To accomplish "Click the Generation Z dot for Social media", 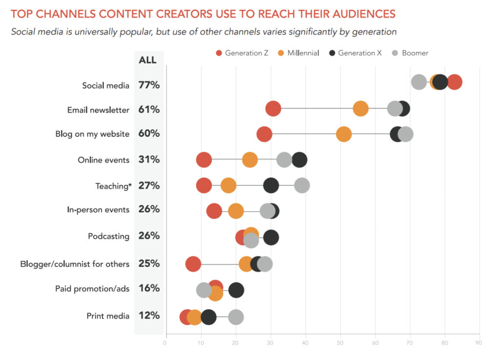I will tap(454, 83).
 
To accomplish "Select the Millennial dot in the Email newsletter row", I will tap(360, 108).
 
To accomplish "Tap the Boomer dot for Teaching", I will tap(302, 186).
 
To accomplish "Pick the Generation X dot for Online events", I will tap(299, 160).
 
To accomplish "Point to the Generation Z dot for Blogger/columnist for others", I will tap(193, 264).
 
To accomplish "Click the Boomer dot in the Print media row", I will tap(236, 317).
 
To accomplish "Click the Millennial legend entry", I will tap(300, 53).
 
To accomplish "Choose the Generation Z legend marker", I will tap(219, 53).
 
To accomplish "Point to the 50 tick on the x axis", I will tap(340, 343).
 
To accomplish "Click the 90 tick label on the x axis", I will tap(478, 343).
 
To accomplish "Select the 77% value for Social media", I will tap(149, 85).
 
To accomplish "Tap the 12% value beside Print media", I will tap(149, 316).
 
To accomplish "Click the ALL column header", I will tap(148, 60).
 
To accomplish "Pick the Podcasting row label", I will tap(108, 236).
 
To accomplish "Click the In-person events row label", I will tap(98, 210).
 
